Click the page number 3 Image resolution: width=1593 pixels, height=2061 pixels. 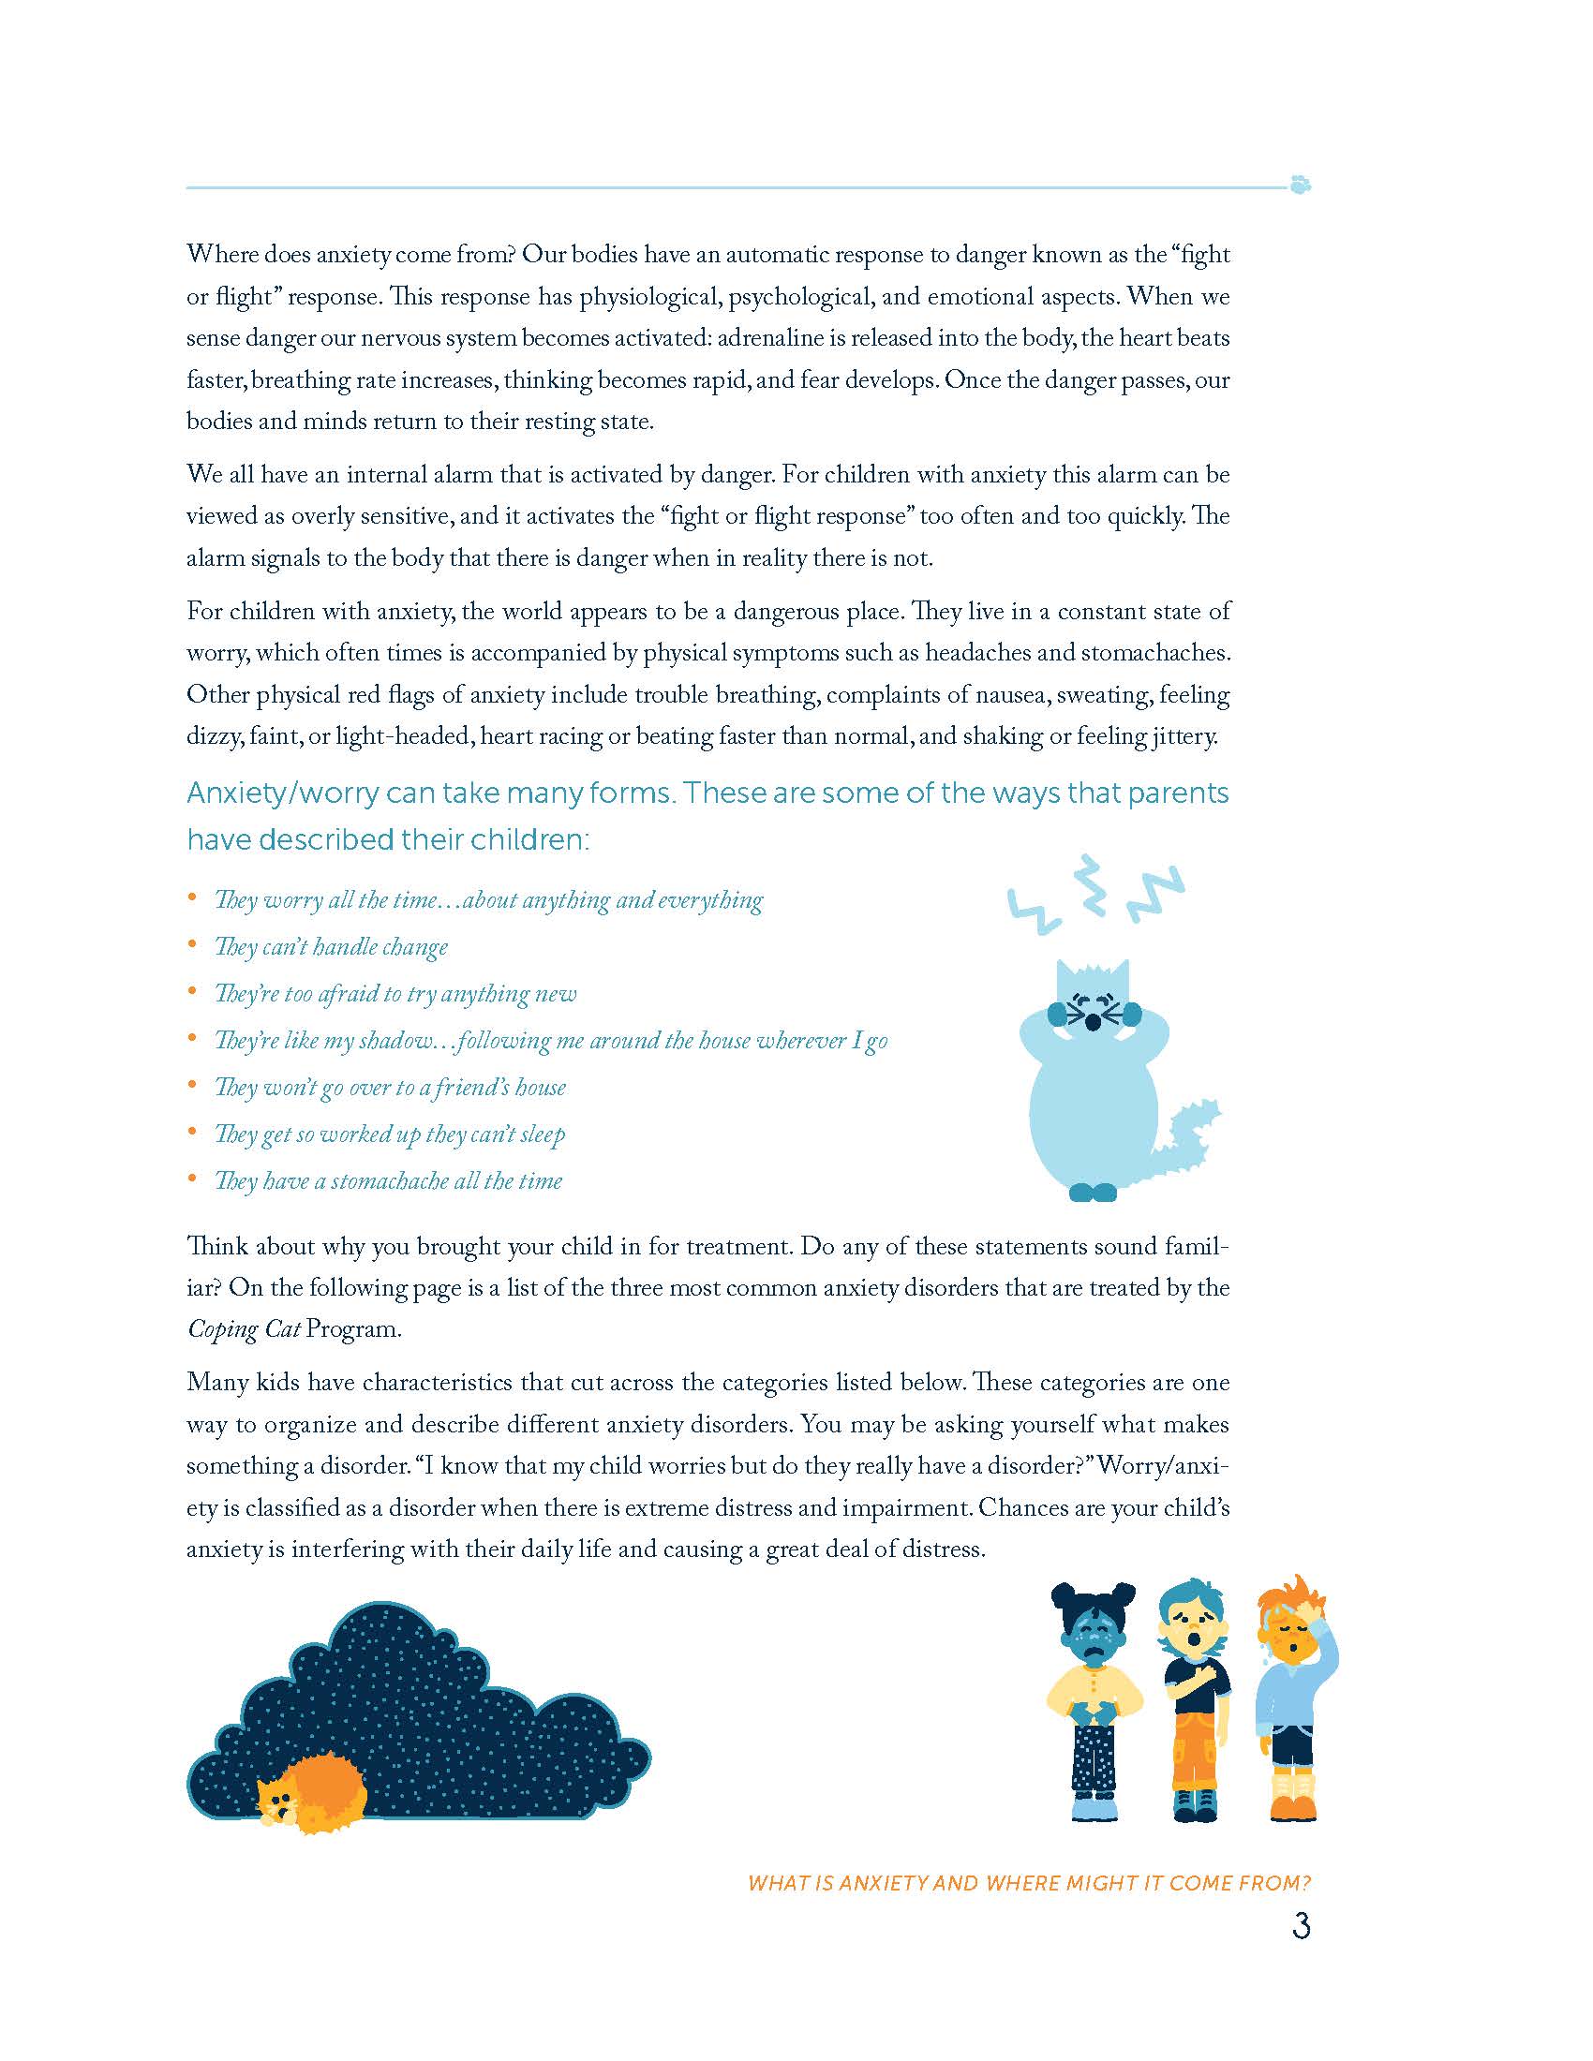pos(1301,1925)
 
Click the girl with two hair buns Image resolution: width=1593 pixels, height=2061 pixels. pos(1095,1698)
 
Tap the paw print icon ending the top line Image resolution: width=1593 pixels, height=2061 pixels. pos(1301,185)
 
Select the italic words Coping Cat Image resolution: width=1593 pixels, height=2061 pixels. pos(244,1329)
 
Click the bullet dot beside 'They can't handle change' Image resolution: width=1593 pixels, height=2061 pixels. pos(192,943)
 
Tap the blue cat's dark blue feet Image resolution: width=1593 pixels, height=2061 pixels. pos(1093,1192)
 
